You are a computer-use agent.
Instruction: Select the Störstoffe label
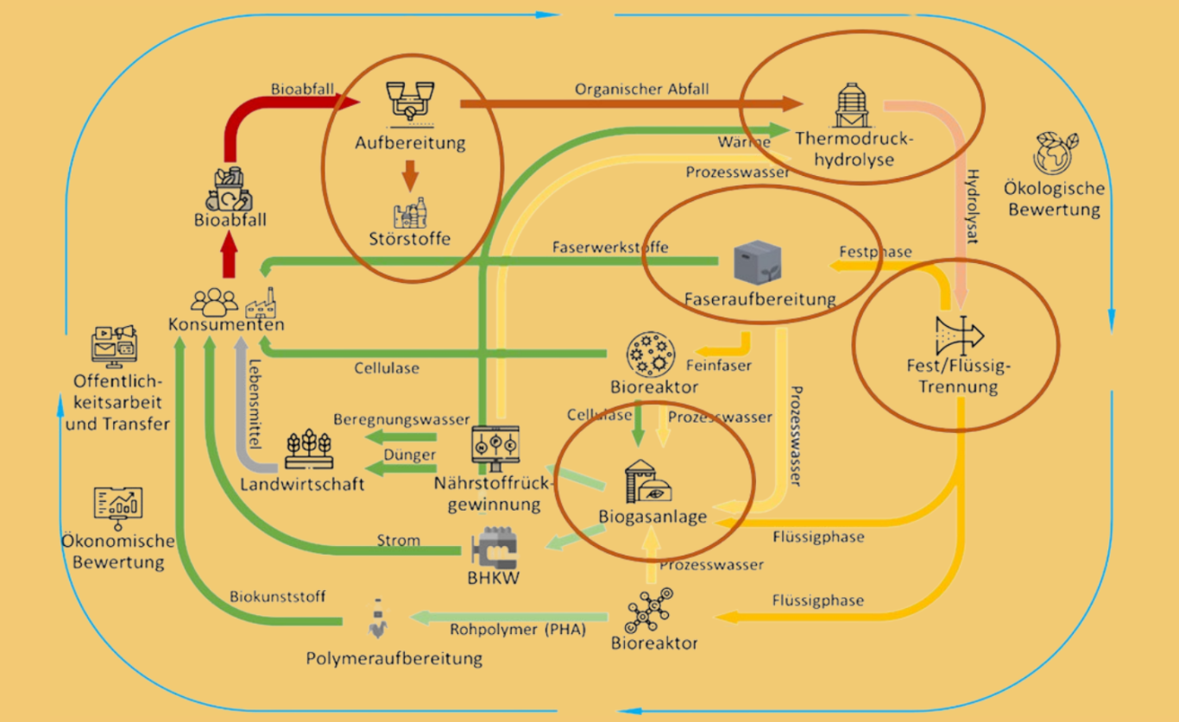(410, 238)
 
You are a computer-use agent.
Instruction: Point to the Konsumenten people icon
(214, 301)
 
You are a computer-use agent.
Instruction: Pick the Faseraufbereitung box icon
(757, 262)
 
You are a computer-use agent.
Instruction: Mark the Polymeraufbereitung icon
(377, 618)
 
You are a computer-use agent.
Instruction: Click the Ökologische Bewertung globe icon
(1055, 152)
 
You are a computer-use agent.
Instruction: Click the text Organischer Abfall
(628, 89)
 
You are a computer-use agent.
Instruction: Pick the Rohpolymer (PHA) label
(518, 630)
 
